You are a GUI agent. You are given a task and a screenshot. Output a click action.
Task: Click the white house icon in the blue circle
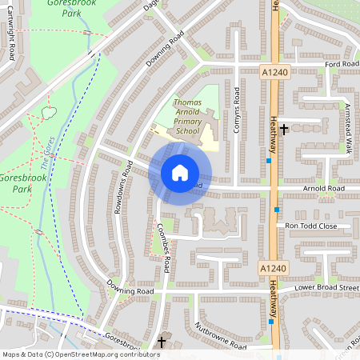coord(179,172)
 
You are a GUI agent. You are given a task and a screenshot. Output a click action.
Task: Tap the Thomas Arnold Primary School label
coord(187,117)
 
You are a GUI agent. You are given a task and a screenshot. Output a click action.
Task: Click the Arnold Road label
coord(324,189)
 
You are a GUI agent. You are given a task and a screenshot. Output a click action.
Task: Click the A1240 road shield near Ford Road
coord(274,72)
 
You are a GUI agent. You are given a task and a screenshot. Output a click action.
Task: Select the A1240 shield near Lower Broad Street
coord(274,268)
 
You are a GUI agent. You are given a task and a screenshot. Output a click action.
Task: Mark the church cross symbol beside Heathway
coord(284,128)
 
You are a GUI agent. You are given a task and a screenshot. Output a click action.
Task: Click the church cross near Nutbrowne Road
coord(162,342)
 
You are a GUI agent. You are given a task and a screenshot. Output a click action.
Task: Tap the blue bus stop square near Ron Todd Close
coord(277,210)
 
